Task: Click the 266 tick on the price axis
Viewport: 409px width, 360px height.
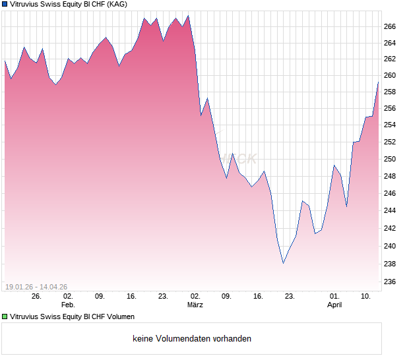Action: pos(389,26)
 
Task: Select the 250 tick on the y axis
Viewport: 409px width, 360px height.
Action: pos(389,160)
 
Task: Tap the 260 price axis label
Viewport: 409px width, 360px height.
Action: pos(389,75)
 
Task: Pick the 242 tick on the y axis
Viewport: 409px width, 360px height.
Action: pos(389,229)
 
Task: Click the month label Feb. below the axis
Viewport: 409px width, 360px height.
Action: pos(68,305)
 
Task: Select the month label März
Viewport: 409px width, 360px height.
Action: pos(195,305)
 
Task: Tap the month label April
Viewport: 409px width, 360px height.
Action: pos(334,305)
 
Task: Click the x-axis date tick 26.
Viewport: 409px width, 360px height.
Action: pos(36,297)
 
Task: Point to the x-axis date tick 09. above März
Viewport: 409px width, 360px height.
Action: pos(226,297)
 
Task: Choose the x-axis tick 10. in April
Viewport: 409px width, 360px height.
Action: pos(366,297)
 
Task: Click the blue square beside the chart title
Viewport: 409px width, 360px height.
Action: pos(5,4)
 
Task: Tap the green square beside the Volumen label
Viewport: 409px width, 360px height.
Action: pos(5,317)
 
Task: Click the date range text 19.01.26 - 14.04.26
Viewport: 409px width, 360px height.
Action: pos(36,287)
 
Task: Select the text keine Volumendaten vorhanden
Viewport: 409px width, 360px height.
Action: pos(192,339)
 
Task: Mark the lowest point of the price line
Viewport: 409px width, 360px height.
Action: pos(283,263)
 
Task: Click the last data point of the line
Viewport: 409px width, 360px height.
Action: pos(378,82)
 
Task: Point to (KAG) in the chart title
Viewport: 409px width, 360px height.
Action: pos(115,4)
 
